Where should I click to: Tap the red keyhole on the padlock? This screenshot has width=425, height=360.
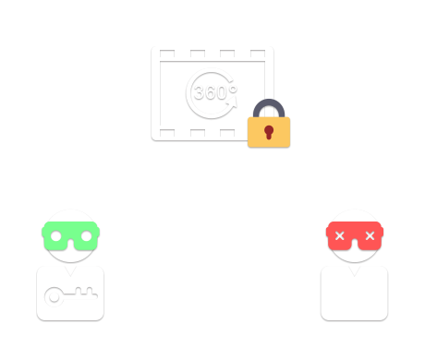point(269,132)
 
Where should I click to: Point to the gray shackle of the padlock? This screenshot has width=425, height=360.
point(269,104)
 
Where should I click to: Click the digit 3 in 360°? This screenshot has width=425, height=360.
point(200,93)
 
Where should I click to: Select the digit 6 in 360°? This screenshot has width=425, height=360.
point(212,93)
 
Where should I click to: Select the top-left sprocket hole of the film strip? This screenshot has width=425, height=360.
point(167,54)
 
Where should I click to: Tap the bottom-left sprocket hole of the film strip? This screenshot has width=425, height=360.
point(167,134)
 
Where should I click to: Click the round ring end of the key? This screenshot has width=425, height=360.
point(55,296)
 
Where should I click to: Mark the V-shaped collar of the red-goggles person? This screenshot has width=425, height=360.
point(355,269)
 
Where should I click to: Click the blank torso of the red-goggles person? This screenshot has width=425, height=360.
point(355,297)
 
